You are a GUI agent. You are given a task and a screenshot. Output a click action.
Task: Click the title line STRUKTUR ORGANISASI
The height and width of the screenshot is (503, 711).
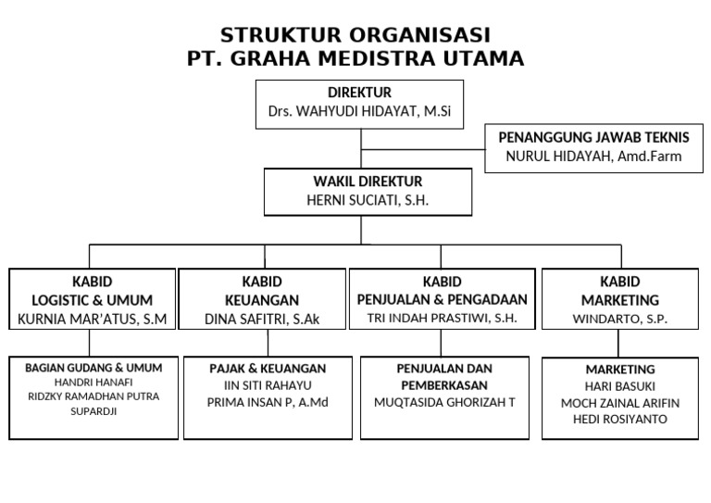[355, 36]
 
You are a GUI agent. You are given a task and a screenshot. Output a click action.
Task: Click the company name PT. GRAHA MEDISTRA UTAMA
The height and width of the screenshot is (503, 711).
[355, 59]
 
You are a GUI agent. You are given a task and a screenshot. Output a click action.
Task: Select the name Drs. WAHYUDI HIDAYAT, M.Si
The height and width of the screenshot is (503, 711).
[359, 111]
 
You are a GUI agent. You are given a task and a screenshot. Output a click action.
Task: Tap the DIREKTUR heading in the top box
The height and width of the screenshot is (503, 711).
[359, 93]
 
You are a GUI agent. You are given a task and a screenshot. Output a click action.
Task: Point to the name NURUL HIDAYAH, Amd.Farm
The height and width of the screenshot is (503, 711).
[593, 156]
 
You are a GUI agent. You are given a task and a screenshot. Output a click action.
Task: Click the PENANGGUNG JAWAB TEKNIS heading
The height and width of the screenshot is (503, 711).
[593, 137]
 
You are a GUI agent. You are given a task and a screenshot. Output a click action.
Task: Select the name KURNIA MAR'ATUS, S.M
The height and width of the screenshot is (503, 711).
[92, 319]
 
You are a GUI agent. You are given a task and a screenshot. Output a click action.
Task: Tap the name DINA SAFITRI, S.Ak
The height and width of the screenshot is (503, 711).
[264, 319]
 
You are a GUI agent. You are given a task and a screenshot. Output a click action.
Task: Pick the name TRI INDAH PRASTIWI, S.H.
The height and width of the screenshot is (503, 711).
[441, 318]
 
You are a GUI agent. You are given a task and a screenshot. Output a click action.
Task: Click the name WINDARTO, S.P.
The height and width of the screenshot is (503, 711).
[619, 319]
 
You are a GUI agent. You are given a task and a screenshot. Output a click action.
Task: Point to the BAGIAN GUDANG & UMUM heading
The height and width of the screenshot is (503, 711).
[94, 368]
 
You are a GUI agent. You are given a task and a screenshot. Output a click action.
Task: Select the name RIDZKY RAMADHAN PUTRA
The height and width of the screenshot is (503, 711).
[94, 396]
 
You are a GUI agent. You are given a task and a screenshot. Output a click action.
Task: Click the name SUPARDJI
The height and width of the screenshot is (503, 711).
[94, 411]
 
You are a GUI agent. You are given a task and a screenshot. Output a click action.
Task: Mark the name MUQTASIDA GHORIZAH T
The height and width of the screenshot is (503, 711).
[444, 402]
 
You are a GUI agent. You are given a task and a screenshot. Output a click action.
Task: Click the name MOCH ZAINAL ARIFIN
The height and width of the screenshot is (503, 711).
[620, 403]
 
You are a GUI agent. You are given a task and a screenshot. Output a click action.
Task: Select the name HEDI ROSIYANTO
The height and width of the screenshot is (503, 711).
[620, 419]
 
